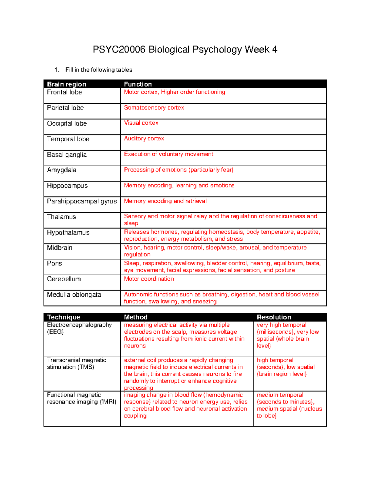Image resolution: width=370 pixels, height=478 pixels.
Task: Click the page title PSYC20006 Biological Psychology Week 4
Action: pos(185,50)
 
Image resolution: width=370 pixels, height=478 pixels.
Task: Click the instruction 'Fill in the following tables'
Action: pos(99,70)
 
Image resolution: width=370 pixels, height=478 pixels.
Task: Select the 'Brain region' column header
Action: pos(67,84)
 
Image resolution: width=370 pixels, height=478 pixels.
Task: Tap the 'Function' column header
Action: pos(138,84)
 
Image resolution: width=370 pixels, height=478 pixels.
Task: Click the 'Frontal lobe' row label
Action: pos(64,92)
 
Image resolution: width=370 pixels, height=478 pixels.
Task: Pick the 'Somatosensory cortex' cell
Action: pos(154,108)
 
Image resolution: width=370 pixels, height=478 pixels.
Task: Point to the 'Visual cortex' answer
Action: pos(141,123)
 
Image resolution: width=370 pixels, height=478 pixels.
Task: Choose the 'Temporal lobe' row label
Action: pos(68,139)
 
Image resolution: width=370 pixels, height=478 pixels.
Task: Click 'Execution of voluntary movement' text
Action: pos(168,154)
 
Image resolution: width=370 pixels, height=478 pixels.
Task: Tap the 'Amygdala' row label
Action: pos(62,170)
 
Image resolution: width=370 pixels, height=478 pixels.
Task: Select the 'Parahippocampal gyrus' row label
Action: pos(82,201)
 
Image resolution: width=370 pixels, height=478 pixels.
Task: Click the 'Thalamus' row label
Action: pos(61,217)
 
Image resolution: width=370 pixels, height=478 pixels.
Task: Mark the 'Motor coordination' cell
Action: pos(149,279)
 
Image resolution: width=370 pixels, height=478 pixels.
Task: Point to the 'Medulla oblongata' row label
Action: pos(74,295)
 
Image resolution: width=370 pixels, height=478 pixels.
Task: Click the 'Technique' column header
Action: pos(64,317)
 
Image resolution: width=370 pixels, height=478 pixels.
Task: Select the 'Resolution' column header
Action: pos(274,317)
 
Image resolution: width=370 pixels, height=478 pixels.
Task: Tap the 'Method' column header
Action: pos(136,317)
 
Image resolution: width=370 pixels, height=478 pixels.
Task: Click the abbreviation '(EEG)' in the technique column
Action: pos(55,332)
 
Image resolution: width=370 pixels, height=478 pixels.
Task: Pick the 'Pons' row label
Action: pos(55,263)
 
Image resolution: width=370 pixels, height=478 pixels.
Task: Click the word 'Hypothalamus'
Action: pos(68,232)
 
